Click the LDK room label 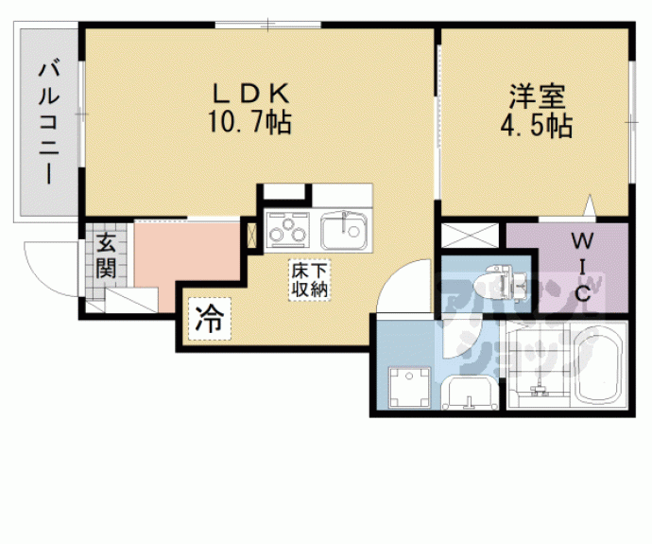point(250,94)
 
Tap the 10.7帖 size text point(249,122)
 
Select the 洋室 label point(538,97)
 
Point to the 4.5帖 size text point(537,125)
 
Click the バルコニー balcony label point(49,122)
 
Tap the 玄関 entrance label point(106,255)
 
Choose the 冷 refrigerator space point(210,319)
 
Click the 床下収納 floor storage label point(309,280)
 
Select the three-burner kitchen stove point(288,230)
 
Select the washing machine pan point(409,387)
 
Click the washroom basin point(470,392)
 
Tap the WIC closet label point(583,267)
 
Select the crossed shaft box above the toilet point(470,236)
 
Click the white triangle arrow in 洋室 point(590,205)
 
